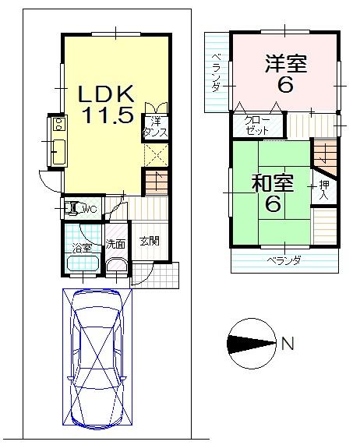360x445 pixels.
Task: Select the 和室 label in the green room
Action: click(x=272, y=184)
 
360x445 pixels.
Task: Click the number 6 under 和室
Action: click(x=273, y=205)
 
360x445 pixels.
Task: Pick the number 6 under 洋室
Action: click(x=285, y=84)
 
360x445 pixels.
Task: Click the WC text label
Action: click(x=90, y=209)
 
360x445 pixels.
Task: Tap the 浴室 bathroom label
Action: click(x=82, y=248)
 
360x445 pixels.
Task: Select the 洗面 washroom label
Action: click(x=116, y=243)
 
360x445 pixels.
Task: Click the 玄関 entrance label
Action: click(x=150, y=241)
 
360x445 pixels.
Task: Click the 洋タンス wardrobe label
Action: click(x=155, y=127)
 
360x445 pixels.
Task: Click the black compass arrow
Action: click(x=250, y=341)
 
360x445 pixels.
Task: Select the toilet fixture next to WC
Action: click(x=72, y=208)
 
